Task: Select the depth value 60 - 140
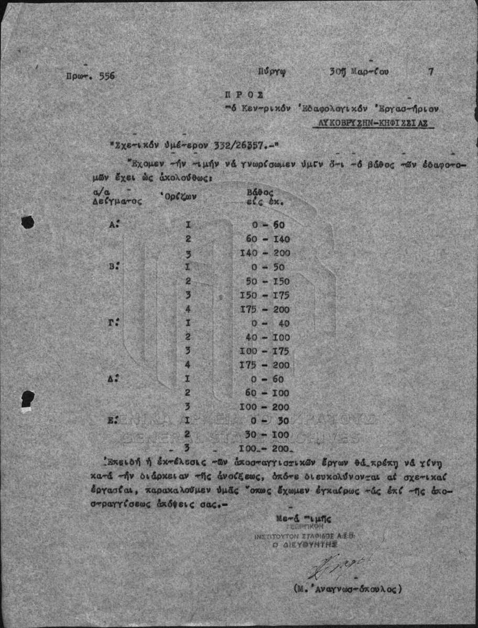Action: click(x=267, y=240)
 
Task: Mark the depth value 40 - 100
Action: click(x=267, y=338)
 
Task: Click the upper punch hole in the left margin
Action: click(x=27, y=223)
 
